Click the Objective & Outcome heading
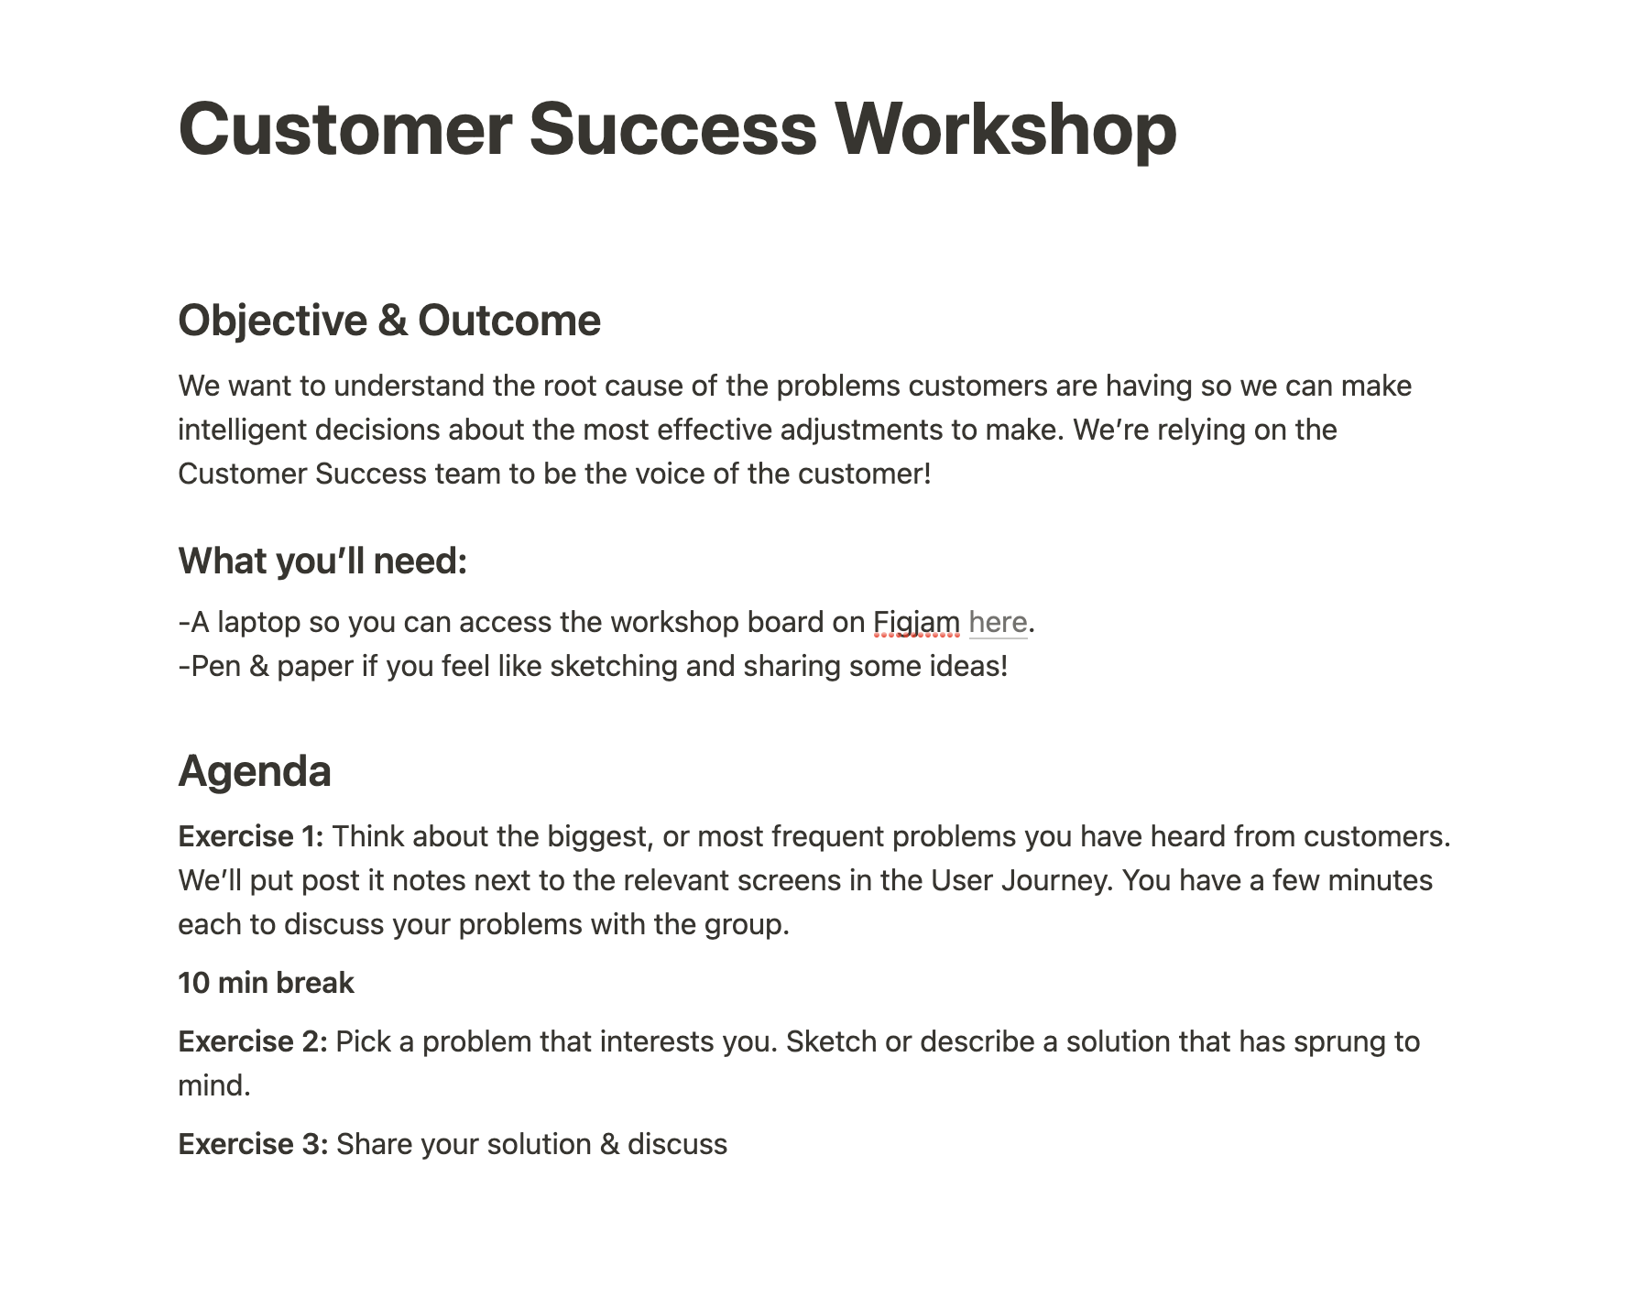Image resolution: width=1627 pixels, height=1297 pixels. pyautogui.click(x=389, y=321)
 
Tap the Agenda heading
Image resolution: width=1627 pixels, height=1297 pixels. pyautogui.click(x=255, y=771)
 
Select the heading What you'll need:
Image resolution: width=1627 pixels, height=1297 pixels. pyautogui.click(x=322, y=561)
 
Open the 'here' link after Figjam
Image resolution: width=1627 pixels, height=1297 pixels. pyautogui.click(x=998, y=622)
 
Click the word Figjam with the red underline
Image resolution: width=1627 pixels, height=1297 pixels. pyautogui.click(x=916, y=623)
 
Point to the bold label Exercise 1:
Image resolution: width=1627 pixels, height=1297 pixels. pyautogui.click(x=251, y=836)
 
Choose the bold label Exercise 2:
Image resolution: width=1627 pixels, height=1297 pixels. pyautogui.click(x=253, y=1041)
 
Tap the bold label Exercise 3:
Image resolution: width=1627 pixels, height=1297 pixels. pyautogui.click(x=253, y=1144)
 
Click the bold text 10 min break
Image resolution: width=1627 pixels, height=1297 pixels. pyautogui.click(x=266, y=983)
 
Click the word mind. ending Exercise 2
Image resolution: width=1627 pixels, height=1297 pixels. pyautogui.click(x=214, y=1085)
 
